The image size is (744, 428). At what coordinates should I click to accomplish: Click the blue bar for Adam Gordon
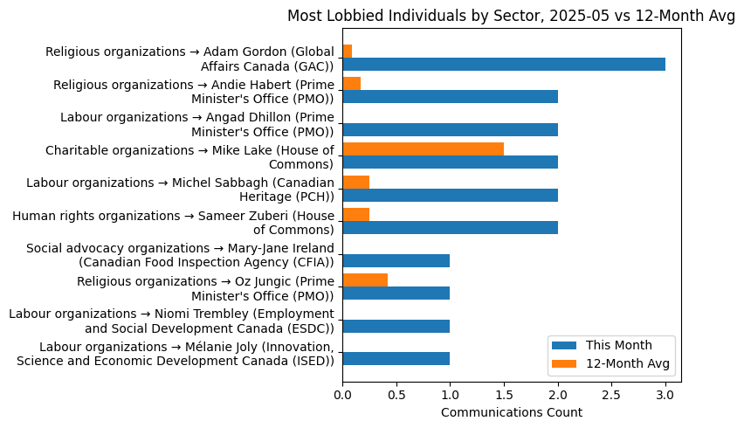(x=504, y=65)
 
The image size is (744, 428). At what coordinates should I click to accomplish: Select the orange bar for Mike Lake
(x=423, y=148)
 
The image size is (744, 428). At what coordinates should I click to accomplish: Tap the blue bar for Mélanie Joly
(x=396, y=359)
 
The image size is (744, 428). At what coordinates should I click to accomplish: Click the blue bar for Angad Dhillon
(x=450, y=130)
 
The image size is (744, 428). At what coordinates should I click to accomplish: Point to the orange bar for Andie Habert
(x=351, y=84)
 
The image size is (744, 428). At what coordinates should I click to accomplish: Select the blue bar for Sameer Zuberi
(x=450, y=228)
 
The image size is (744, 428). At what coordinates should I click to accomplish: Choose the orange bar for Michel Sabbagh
(x=355, y=182)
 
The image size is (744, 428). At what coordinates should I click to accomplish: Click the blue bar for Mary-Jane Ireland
(x=396, y=260)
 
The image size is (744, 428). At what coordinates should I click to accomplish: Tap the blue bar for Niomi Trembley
(x=396, y=326)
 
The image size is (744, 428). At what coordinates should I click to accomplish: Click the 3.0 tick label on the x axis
(x=665, y=395)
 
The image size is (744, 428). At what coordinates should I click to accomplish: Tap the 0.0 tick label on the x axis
(x=342, y=395)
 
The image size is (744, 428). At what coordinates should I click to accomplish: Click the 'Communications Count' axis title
(x=511, y=412)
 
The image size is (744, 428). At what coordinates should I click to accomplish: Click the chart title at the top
(x=511, y=16)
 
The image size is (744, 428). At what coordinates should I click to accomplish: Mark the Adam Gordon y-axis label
(x=189, y=59)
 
